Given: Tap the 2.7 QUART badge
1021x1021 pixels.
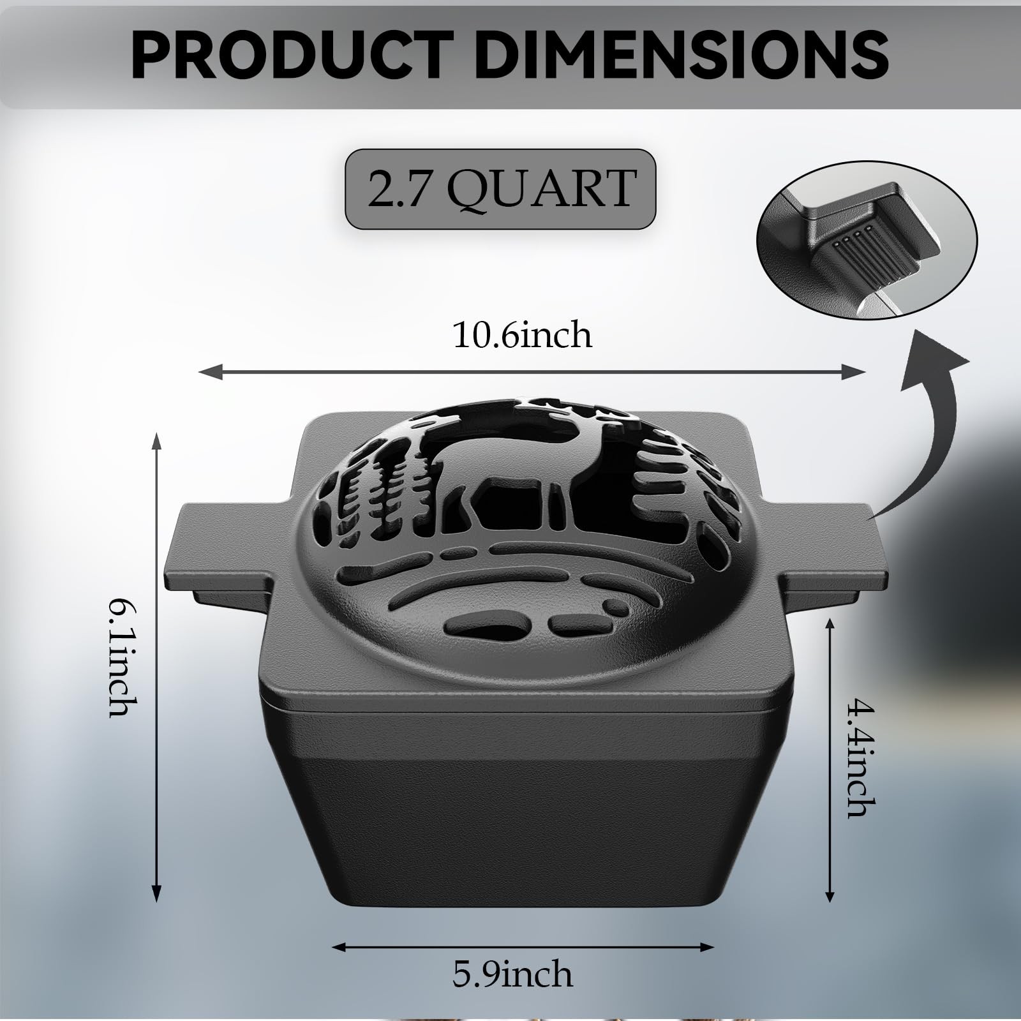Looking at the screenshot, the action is [500, 188].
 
